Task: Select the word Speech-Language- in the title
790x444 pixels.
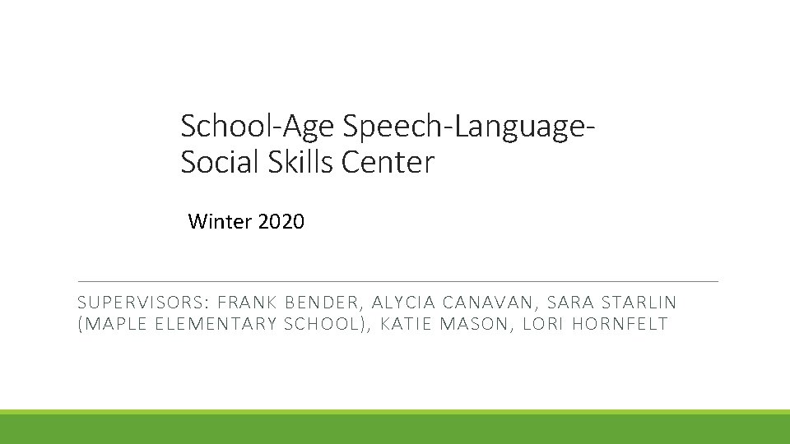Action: (468, 127)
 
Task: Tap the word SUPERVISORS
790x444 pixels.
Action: (144, 303)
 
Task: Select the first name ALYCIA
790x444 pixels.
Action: (402, 303)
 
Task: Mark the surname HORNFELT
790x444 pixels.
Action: (620, 324)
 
